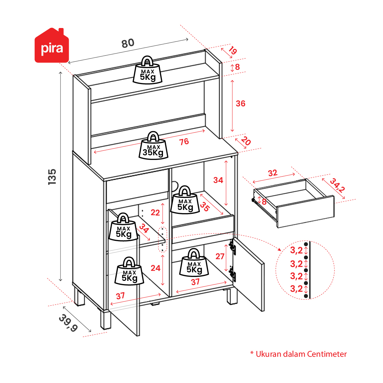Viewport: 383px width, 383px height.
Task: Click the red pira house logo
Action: click(51, 46)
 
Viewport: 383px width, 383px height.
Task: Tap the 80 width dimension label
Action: click(128, 43)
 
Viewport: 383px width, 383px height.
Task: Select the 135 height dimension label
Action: click(52, 176)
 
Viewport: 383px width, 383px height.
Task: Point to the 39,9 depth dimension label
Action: click(68, 323)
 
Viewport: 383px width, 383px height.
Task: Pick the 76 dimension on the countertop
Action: click(184, 142)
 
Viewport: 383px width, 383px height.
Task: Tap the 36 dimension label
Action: click(241, 104)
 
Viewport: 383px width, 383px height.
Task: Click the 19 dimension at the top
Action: click(232, 51)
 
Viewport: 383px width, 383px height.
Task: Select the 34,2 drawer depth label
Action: click(337, 185)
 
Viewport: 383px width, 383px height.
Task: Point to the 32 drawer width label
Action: click(272, 173)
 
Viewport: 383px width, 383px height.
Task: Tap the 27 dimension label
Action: click(220, 256)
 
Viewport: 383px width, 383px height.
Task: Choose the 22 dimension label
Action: click(155, 213)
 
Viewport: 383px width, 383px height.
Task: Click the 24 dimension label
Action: click(156, 268)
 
